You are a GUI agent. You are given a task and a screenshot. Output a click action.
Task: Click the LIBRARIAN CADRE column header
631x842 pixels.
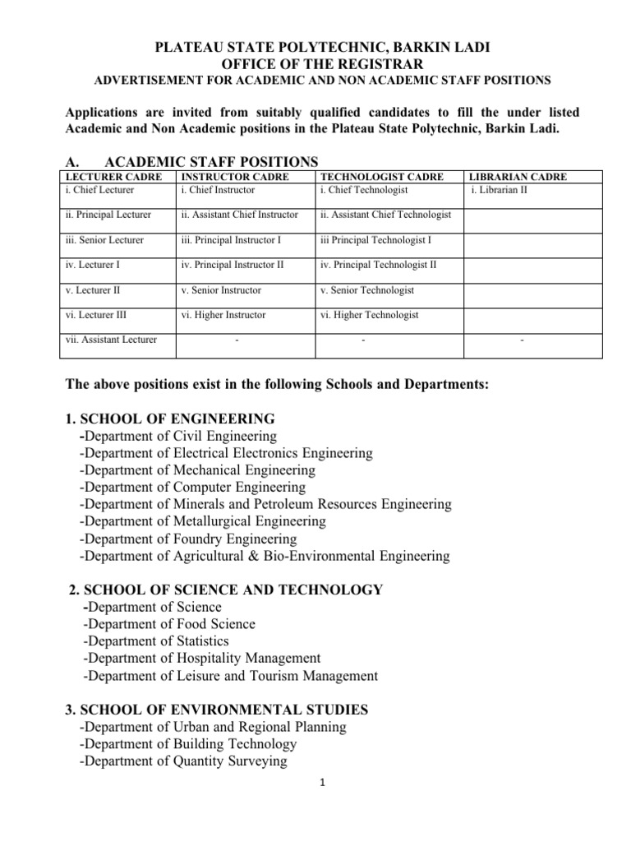coord(517,177)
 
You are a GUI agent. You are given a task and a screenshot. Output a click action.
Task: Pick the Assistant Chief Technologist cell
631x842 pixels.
coord(385,215)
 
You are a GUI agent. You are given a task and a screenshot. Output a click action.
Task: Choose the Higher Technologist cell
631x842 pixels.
coord(369,315)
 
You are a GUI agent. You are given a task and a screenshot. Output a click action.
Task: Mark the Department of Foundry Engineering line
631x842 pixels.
coord(188,539)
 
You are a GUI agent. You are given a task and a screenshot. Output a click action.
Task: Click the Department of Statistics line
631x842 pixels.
coord(156,641)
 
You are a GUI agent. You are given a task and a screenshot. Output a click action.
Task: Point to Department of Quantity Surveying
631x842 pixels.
coord(183,761)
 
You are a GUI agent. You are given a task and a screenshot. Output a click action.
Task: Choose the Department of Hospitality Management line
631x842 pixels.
coord(201,659)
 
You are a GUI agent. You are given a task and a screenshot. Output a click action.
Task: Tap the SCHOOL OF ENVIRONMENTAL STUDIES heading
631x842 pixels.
coord(216,709)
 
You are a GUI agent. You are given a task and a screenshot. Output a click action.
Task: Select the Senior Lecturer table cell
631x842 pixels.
coord(104,240)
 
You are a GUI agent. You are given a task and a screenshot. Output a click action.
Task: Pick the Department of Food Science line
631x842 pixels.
coord(169,624)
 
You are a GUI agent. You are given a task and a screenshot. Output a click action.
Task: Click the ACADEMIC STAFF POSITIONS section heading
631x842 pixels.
coord(191,161)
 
